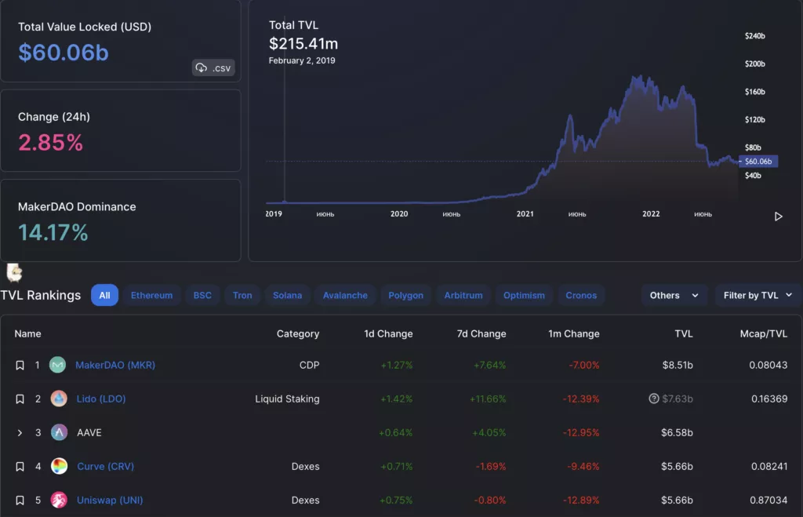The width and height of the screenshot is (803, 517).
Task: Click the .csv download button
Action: click(x=213, y=68)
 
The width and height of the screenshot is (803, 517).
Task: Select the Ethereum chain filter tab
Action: click(x=151, y=295)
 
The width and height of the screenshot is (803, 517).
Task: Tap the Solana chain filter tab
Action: click(x=287, y=295)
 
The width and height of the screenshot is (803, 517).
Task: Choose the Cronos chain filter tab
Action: click(x=581, y=295)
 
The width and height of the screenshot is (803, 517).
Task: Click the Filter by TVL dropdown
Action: click(x=758, y=295)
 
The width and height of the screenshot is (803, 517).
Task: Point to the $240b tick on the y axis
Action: click(x=754, y=36)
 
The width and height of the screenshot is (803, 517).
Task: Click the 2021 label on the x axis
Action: click(x=525, y=213)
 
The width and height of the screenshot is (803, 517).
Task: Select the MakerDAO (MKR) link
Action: click(x=115, y=365)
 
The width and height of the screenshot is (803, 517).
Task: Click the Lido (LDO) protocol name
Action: click(x=101, y=399)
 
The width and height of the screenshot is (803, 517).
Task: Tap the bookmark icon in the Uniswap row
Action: click(x=20, y=500)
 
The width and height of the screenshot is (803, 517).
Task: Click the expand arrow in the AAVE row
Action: click(x=20, y=432)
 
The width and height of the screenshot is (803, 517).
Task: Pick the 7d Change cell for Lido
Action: click(x=487, y=399)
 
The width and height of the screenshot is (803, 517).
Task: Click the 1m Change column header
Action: click(x=573, y=333)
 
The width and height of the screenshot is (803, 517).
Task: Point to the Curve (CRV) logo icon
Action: click(x=59, y=466)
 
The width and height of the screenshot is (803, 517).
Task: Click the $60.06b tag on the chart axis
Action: click(x=758, y=161)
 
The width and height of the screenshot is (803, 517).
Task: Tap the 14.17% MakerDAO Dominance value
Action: click(x=53, y=232)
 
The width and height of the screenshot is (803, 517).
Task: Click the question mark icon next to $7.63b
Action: click(x=653, y=399)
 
